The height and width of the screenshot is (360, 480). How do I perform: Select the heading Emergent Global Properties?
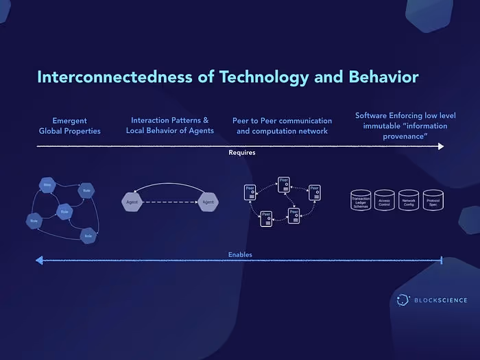pos(69,125)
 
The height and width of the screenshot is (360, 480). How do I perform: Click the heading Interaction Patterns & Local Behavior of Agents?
pos(169,125)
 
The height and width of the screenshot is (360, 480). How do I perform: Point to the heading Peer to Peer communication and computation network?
pos(283,125)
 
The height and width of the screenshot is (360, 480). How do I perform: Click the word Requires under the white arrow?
pos(241,153)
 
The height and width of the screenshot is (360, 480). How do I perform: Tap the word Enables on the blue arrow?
pos(240,255)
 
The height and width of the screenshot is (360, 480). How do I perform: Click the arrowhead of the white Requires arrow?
pos(440,146)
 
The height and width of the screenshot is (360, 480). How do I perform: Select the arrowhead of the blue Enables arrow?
pos(40,260)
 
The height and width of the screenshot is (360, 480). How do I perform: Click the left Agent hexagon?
pos(132,202)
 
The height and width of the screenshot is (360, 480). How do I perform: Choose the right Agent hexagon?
pos(208,202)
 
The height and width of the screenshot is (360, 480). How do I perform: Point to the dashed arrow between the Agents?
pos(170,202)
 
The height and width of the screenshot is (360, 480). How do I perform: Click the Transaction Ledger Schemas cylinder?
pos(361,201)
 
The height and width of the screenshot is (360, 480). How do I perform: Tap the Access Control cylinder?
pos(385,201)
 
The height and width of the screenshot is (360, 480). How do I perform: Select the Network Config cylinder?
pos(409,201)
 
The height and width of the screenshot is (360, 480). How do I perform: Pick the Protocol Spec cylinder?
pos(433,201)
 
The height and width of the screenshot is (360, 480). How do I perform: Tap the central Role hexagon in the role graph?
pos(64,211)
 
